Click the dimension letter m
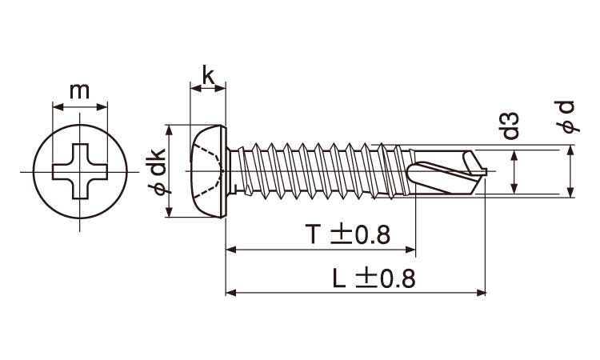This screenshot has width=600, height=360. [x=79, y=91]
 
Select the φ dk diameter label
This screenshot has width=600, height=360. [x=156, y=171]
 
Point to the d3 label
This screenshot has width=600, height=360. [x=510, y=126]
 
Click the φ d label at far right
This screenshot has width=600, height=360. [x=566, y=117]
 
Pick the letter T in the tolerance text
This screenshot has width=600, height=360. [x=312, y=234]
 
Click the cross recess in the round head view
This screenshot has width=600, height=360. [x=79, y=171]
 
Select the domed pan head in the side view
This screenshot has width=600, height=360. [x=208, y=171]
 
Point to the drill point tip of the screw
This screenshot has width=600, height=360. [x=486, y=171]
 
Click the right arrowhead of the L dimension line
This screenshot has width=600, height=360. [x=481, y=293]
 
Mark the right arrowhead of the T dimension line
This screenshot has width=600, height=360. [x=410, y=250]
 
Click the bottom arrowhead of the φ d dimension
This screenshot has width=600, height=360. [x=570, y=192]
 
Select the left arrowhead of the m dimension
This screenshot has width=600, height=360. [x=58, y=106]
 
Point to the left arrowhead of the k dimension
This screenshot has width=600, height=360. [x=195, y=89]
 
